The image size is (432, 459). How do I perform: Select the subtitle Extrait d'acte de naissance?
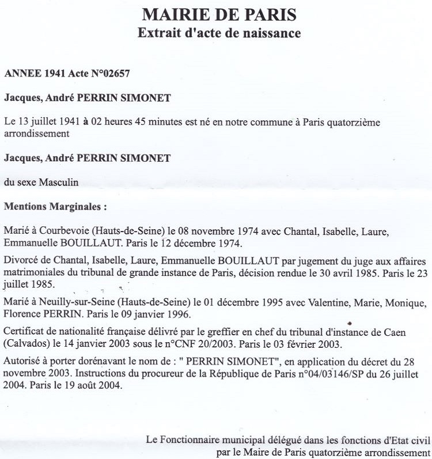click(x=219, y=33)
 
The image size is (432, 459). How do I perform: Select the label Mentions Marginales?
click(x=55, y=206)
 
